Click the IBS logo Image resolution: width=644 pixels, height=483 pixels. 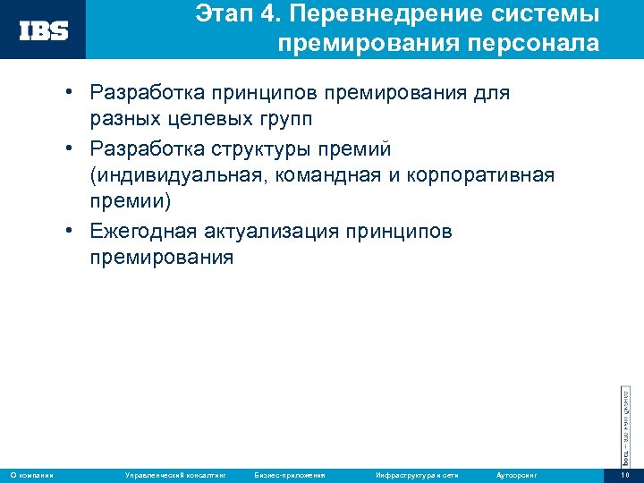[44, 30]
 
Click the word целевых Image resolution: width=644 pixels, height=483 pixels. [199, 119]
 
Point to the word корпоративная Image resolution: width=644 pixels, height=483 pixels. [483, 175]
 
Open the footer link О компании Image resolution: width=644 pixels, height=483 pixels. [31, 474]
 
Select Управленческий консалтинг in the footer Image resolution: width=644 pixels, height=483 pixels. [174, 474]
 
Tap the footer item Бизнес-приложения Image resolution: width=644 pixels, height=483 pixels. [289, 474]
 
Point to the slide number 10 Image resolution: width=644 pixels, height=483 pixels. [624, 474]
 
